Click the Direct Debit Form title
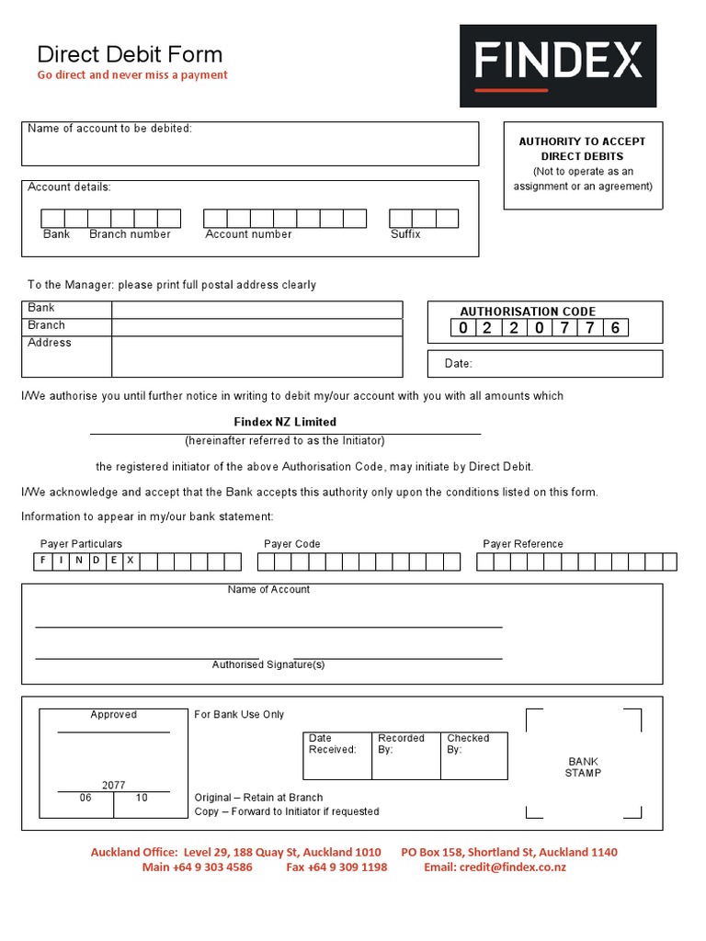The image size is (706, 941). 130,54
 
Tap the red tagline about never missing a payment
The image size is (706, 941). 132,75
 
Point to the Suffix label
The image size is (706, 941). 405,234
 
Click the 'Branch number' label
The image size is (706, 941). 130,234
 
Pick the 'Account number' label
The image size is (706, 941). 248,234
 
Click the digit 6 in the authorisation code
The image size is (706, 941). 615,328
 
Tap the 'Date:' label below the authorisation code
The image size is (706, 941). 458,364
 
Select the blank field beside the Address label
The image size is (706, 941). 256,357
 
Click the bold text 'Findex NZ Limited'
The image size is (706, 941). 285,423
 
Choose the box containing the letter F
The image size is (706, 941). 41,561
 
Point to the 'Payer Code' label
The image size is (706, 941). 292,544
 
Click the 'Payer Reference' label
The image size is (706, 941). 523,544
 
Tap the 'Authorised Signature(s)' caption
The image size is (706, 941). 268,664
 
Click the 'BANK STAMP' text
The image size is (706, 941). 583,767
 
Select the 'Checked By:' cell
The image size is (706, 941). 473,754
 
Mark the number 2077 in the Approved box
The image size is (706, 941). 114,786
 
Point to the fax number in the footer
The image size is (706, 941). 336,867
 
